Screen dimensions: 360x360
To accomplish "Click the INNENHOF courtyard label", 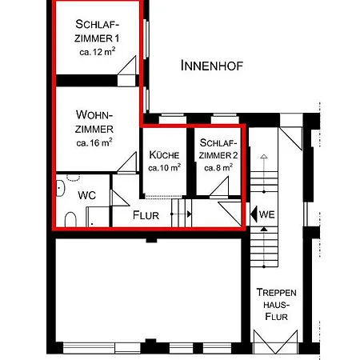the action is click(212, 66).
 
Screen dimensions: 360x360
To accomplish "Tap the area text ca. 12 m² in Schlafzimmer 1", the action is click(98, 51).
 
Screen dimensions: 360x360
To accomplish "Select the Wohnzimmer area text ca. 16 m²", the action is click(94, 142).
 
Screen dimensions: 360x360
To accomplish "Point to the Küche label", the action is click(164, 154).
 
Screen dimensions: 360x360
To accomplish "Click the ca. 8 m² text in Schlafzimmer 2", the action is click(218, 167).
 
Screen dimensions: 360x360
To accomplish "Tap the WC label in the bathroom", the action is click(86, 195).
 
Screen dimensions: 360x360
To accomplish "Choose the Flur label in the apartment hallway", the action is click(146, 215).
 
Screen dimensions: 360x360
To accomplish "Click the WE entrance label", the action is click(266, 214).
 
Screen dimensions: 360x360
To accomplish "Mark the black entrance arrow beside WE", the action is click(254, 214).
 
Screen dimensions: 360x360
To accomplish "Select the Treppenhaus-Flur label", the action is click(276, 304).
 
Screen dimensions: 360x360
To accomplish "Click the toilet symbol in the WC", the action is click(70, 219).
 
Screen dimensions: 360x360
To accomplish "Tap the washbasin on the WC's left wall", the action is click(61, 188).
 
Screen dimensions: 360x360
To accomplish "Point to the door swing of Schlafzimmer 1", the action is click(127, 66).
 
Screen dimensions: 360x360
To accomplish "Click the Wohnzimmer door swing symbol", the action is click(127, 162).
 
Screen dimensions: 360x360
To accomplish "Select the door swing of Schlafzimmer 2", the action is click(219, 187).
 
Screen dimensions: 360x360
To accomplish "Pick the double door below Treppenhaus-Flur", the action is click(275, 342).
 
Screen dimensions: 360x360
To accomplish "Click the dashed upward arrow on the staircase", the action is click(264, 174).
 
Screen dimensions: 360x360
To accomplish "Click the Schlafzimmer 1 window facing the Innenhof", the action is click(146, 38).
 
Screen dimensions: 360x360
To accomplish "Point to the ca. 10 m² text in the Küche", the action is click(165, 167).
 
